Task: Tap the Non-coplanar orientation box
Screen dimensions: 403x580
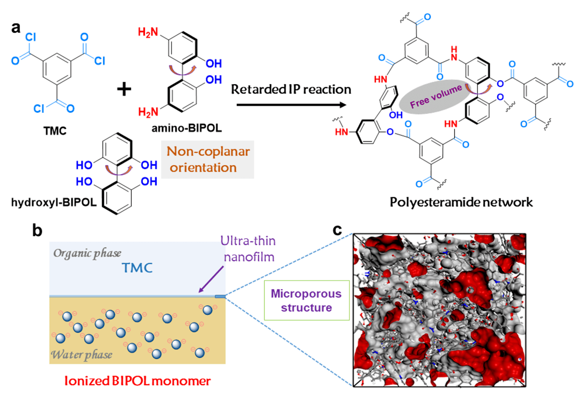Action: click(x=199, y=160)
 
